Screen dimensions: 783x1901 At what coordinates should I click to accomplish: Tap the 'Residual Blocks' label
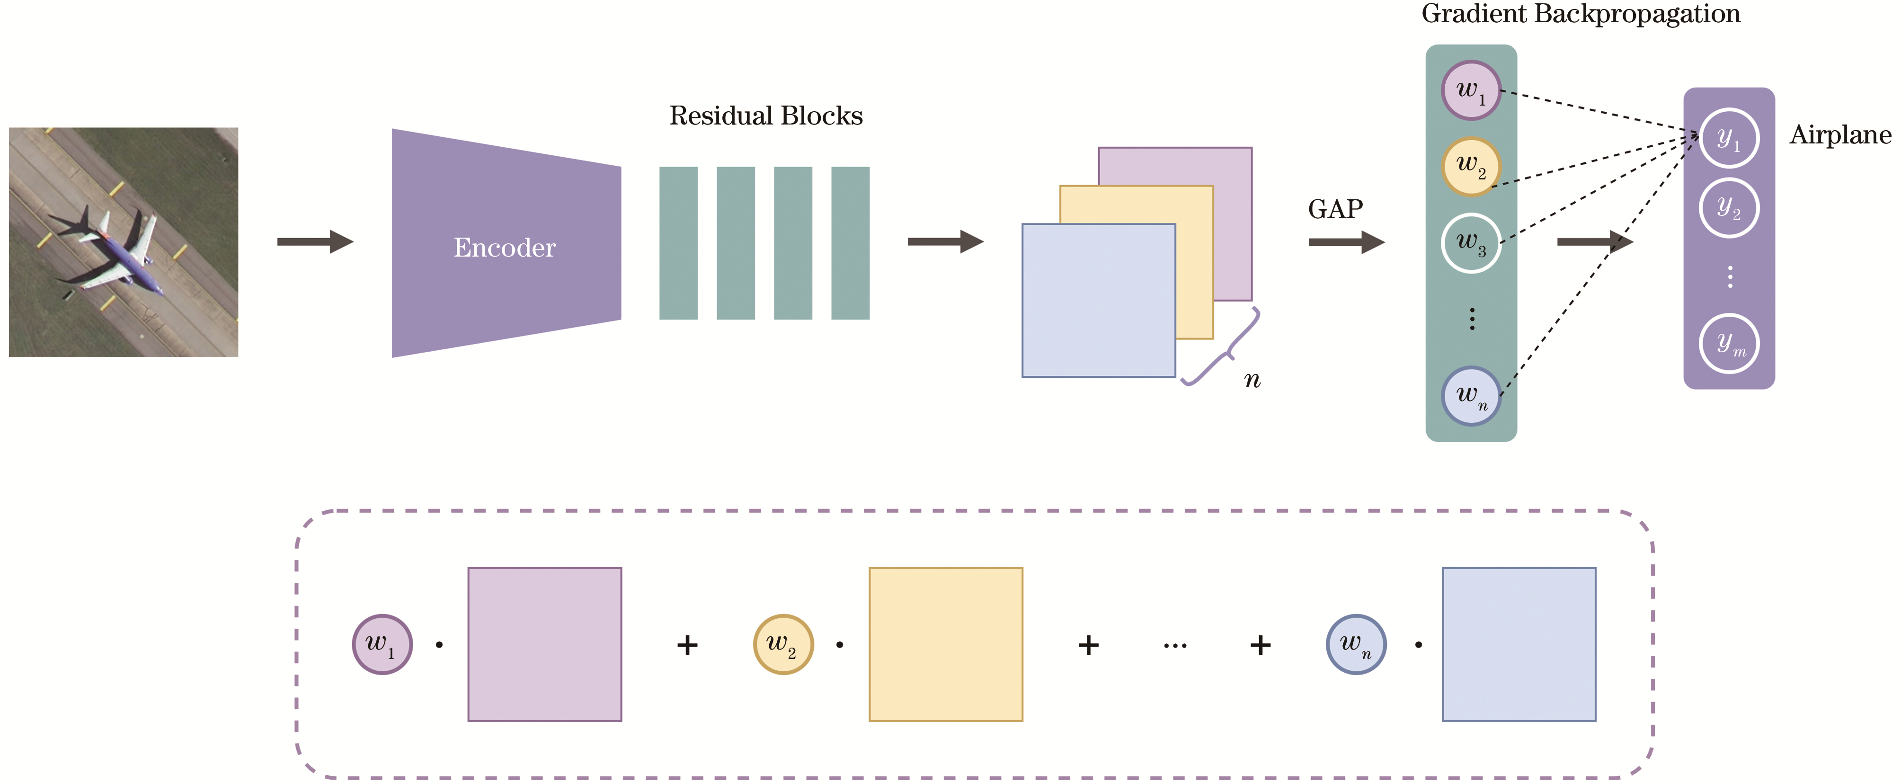(765, 116)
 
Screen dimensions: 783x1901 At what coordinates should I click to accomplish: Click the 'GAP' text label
(1335, 210)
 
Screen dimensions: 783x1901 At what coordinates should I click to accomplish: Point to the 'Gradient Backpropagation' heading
(1580, 15)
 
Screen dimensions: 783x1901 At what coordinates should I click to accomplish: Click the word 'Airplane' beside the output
(1840, 135)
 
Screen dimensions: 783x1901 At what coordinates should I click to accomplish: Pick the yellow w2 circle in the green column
(1471, 167)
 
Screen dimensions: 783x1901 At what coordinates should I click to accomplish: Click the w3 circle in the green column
(1471, 243)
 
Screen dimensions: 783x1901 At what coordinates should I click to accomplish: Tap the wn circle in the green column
(1471, 396)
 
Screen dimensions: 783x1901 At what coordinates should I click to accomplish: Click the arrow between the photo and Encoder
(315, 241)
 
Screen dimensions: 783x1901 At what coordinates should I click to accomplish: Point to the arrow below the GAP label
(1346, 242)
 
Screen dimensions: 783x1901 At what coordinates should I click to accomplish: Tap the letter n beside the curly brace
(1253, 381)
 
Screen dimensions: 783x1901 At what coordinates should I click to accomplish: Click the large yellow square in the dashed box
(945, 644)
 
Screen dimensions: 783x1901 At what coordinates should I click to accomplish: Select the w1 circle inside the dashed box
(382, 644)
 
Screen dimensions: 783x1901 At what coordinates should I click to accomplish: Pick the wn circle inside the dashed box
(1356, 644)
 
